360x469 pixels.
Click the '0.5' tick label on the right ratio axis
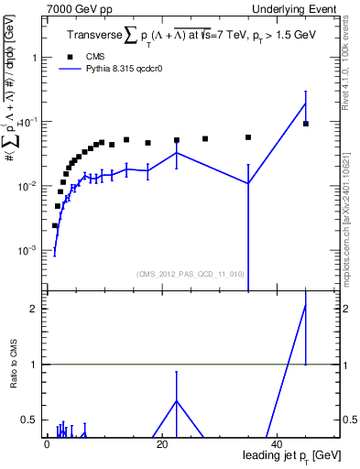point(350,420)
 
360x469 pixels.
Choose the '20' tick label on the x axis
point(161,443)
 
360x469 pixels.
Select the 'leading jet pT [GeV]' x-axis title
point(288,456)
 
